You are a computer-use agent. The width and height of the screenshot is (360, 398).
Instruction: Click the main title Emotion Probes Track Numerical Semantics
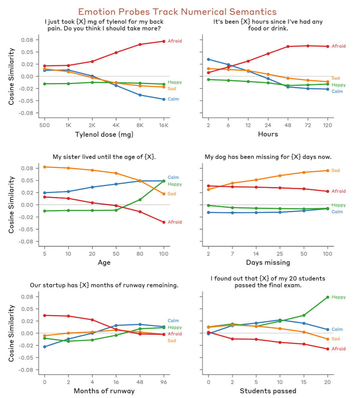coord(177,12)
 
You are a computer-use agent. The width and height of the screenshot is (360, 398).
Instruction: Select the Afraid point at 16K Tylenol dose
coord(164,41)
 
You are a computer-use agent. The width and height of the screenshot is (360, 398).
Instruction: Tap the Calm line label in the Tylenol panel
coord(173,99)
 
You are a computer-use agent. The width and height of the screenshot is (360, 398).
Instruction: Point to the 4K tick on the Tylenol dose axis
coord(116,124)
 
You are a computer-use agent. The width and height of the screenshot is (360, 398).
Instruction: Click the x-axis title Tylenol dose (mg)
coord(104,134)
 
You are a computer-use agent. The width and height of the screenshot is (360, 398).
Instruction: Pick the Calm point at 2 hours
coord(208,59)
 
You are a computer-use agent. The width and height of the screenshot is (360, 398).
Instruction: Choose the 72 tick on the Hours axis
coord(308,124)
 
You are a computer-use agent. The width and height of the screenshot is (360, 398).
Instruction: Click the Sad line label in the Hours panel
coord(336,78)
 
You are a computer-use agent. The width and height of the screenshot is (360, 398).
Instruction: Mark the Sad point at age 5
coord(44,167)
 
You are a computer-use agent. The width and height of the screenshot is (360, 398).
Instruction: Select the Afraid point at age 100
coord(164,222)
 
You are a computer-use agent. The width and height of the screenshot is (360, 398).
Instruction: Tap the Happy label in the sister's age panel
coord(175,184)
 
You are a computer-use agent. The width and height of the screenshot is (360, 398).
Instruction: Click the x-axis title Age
coord(104,263)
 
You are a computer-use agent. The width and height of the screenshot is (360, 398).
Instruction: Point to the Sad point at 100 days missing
coord(327,170)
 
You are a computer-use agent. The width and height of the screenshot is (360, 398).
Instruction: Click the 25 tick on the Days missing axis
coord(280,253)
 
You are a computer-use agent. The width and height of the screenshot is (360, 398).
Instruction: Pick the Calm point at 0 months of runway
coord(44,347)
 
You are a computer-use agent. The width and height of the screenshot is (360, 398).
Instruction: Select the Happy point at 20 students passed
coord(327,297)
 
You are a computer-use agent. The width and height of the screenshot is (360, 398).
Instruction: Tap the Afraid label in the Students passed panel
coord(339,349)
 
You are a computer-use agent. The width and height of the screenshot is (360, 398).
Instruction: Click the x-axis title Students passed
coord(268,391)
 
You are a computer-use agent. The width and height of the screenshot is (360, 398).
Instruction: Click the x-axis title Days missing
coord(268,263)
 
